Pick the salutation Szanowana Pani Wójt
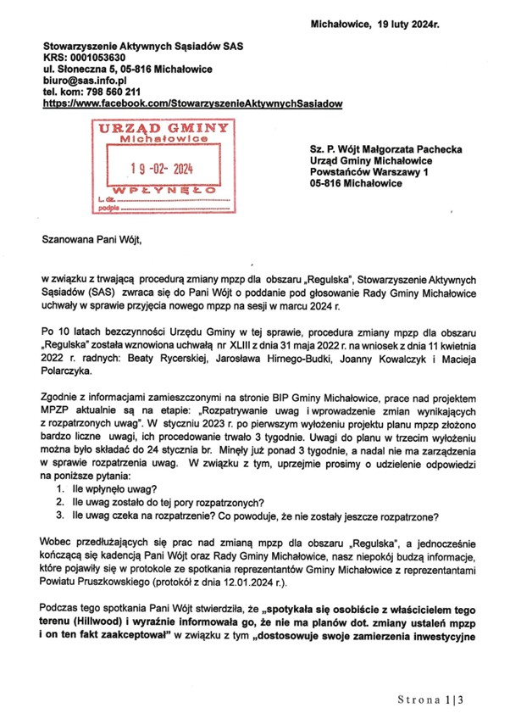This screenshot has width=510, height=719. pos(89,239)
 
